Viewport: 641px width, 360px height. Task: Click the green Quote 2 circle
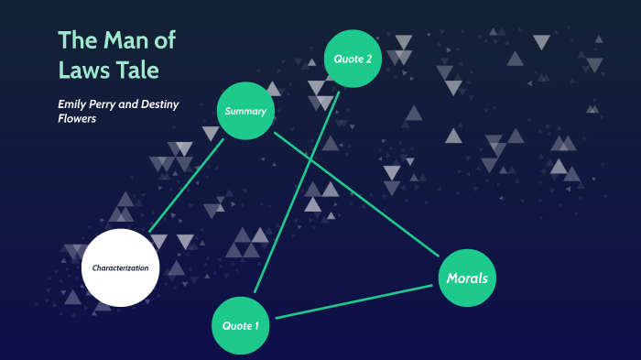pos(353,59)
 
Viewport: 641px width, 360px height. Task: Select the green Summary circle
pos(245,112)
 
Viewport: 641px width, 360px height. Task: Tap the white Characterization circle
pos(120,267)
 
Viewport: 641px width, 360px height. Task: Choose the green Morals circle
pos(467,278)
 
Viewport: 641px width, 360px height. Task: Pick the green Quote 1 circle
pos(241,325)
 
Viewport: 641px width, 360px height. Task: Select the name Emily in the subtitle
pos(74,104)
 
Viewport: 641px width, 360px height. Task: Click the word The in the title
pos(77,40)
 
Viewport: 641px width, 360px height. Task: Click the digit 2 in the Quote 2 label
pos(368,59)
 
